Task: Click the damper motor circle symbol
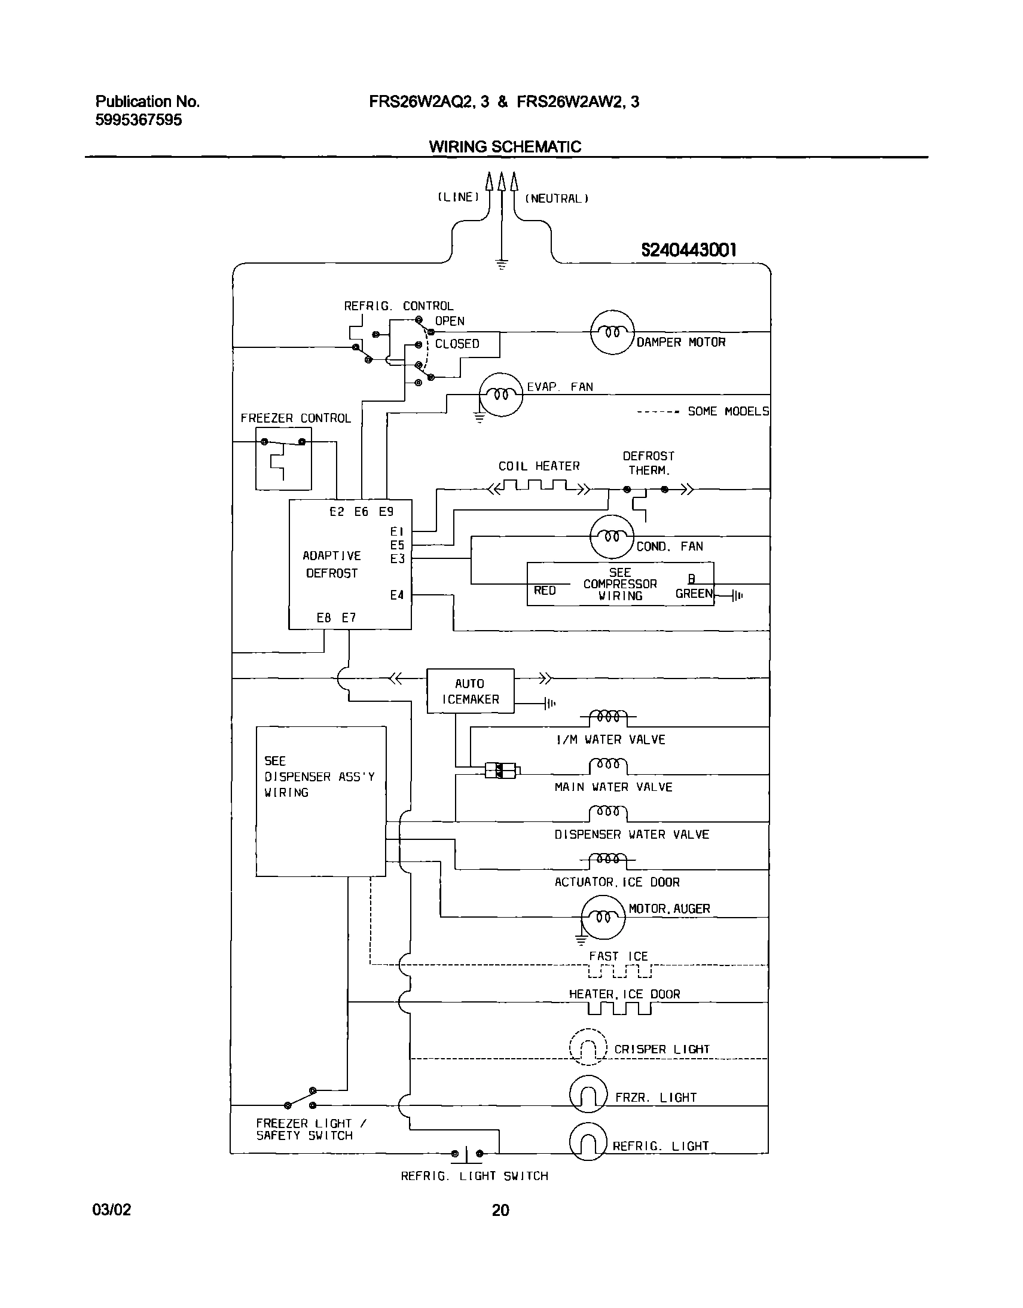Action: pyautogui.click(x=612, y=332)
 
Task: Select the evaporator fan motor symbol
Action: pyautogui.click(x=500, y=395)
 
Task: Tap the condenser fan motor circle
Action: pyautogui.click(x=612, y=537)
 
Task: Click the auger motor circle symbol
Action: pyautogui.click(x=603, y=917)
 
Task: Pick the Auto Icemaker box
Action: pyautogui.click(x=470, y=691)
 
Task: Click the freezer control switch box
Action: pyautogui.click(x=283, y=459)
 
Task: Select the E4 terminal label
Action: pyautogui.click(x=396, y=595)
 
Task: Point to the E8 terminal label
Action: pyautogui.click(x=323, y=618)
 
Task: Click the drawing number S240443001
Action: pyautogui.click(x=688, y=250)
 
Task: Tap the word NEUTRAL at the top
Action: pyautogui.click(x=557, y=199)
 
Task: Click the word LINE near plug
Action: pyautogui.click(x=458, y=197)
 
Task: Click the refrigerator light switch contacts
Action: pyautogui.click(x=466, y=1153)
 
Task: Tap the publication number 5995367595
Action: pyautogui.click(x=138, y=120)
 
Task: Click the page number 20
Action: pyautogui.click(x=500, y=1210)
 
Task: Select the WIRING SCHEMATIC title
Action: pyautogui.click(x=505, y=146)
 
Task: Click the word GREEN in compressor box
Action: pyautogui.click(x=694, y=594)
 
